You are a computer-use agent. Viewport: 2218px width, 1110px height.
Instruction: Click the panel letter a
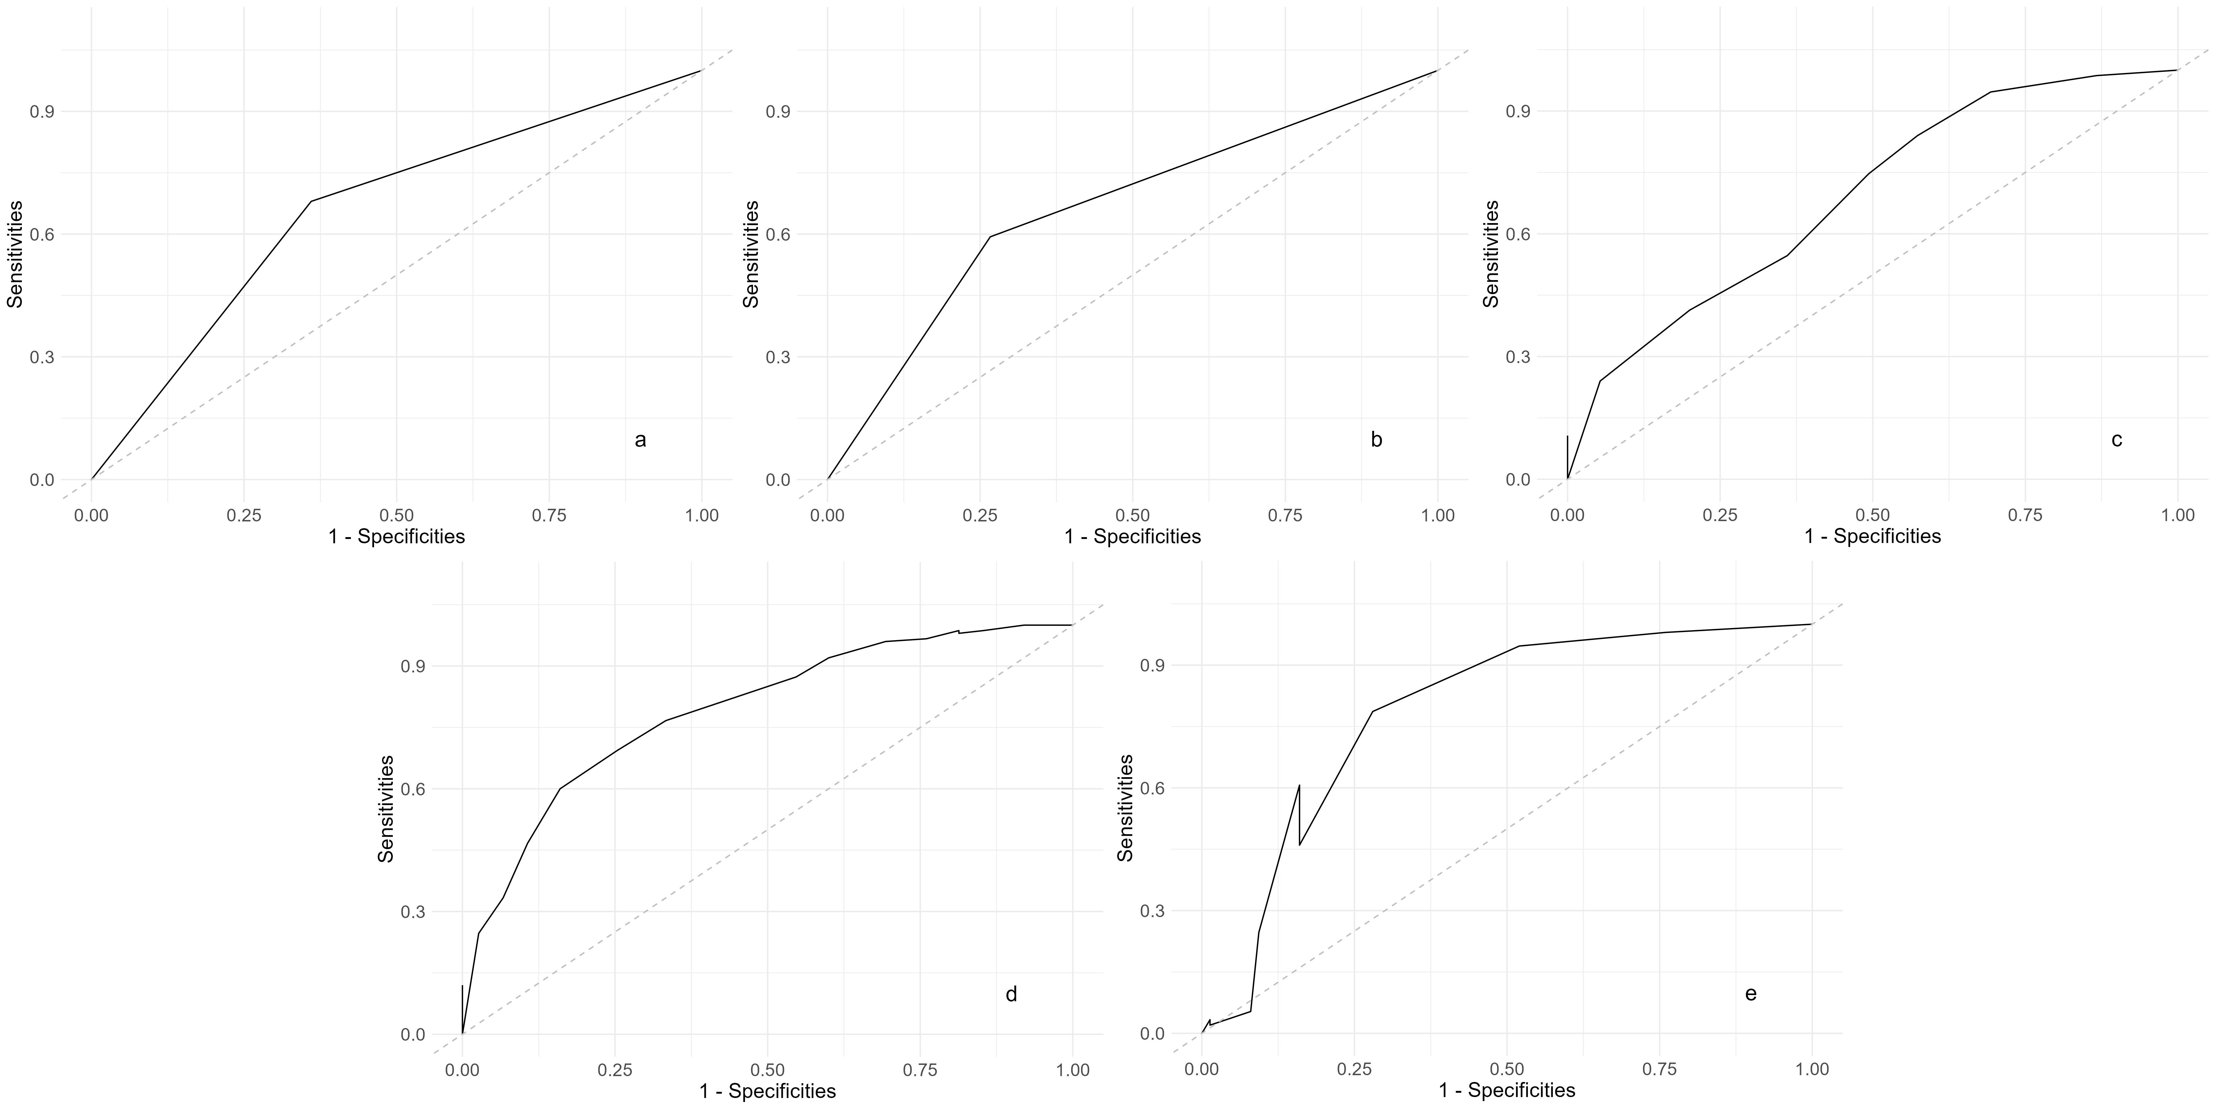640,440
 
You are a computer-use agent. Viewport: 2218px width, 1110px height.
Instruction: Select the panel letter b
1376,440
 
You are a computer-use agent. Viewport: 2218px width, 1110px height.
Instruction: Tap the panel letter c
2116,440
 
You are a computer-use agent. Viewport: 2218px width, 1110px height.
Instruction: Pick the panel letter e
1751,994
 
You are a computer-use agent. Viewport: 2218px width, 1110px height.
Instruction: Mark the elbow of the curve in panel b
990,236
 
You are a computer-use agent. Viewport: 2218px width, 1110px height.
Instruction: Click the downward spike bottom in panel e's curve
1299,845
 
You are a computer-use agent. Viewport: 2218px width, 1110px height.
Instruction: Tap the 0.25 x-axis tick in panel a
244,515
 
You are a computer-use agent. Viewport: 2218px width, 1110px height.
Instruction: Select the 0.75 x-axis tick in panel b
1285,515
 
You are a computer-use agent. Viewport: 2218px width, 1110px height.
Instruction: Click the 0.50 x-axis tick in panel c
1873,515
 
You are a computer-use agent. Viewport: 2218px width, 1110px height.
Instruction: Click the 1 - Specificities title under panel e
1507,1090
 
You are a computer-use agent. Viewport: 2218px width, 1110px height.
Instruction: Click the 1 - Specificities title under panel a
396,537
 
